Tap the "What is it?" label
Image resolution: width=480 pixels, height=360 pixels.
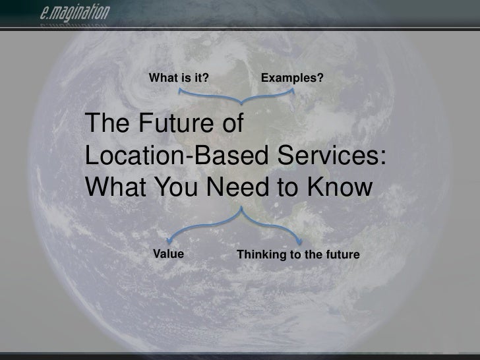pyautogui.click(x=179, y=79)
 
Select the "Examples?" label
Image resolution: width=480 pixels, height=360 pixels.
pyautogui.click(x=292, y=79)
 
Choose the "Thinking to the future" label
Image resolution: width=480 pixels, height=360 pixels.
pyautogui.click(x=298, y=255)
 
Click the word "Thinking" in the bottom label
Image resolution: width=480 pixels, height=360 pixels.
pyautogui.click(x=259, y=255)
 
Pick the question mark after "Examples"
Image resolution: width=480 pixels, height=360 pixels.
pyautogui.click(x=320, y=79)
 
